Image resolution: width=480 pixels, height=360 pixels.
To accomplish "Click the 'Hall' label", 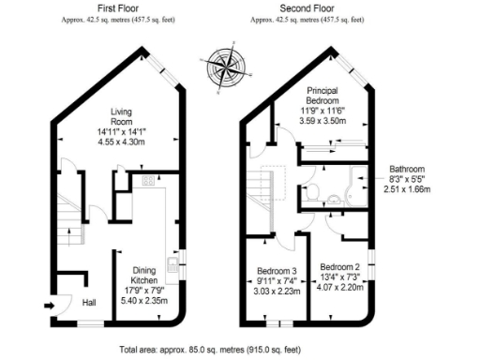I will pos(90,303).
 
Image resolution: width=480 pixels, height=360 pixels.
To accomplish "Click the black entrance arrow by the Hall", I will pos(49,304).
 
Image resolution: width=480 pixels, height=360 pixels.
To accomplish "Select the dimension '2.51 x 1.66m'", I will pos(409,188).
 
